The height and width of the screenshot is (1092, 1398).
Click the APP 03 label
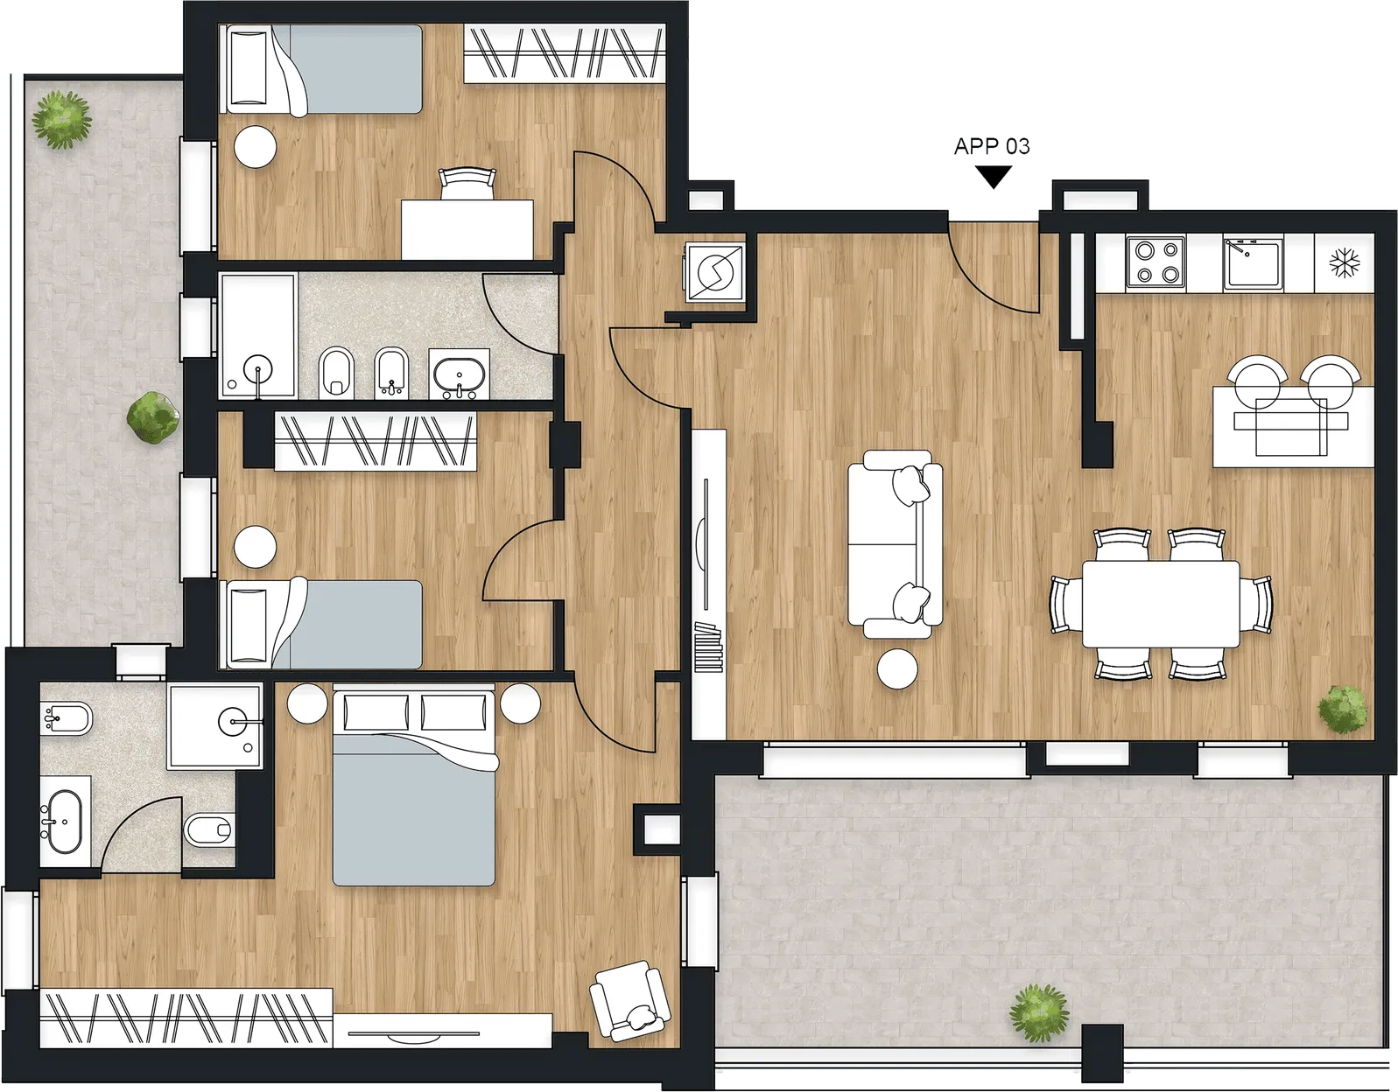[992, 146]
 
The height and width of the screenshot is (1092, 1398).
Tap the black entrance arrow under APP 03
[994, 177]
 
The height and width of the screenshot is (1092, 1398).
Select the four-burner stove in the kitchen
[1156, 262]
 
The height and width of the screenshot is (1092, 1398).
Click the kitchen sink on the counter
[1253, 262]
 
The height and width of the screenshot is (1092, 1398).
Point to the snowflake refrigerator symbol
[1345, 262]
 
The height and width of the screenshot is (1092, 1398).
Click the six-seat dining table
[1161, 604]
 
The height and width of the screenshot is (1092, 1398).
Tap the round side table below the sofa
[897, 668]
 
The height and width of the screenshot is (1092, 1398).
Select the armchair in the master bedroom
[630, 1000]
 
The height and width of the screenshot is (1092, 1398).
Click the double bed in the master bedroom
[414, 785]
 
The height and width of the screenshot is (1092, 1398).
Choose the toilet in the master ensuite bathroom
[209, 829]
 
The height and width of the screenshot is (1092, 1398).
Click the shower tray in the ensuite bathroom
[214, 726]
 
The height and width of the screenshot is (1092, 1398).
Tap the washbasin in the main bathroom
[460, 374]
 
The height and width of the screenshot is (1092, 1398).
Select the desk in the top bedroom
[467, 229]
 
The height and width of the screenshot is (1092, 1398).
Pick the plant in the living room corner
[1342, 709]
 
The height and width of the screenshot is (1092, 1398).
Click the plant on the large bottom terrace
[1038, 1013]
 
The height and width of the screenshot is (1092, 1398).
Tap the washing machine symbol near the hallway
[715, 272]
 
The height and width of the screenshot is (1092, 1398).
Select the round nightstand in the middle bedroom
[256, 547]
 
